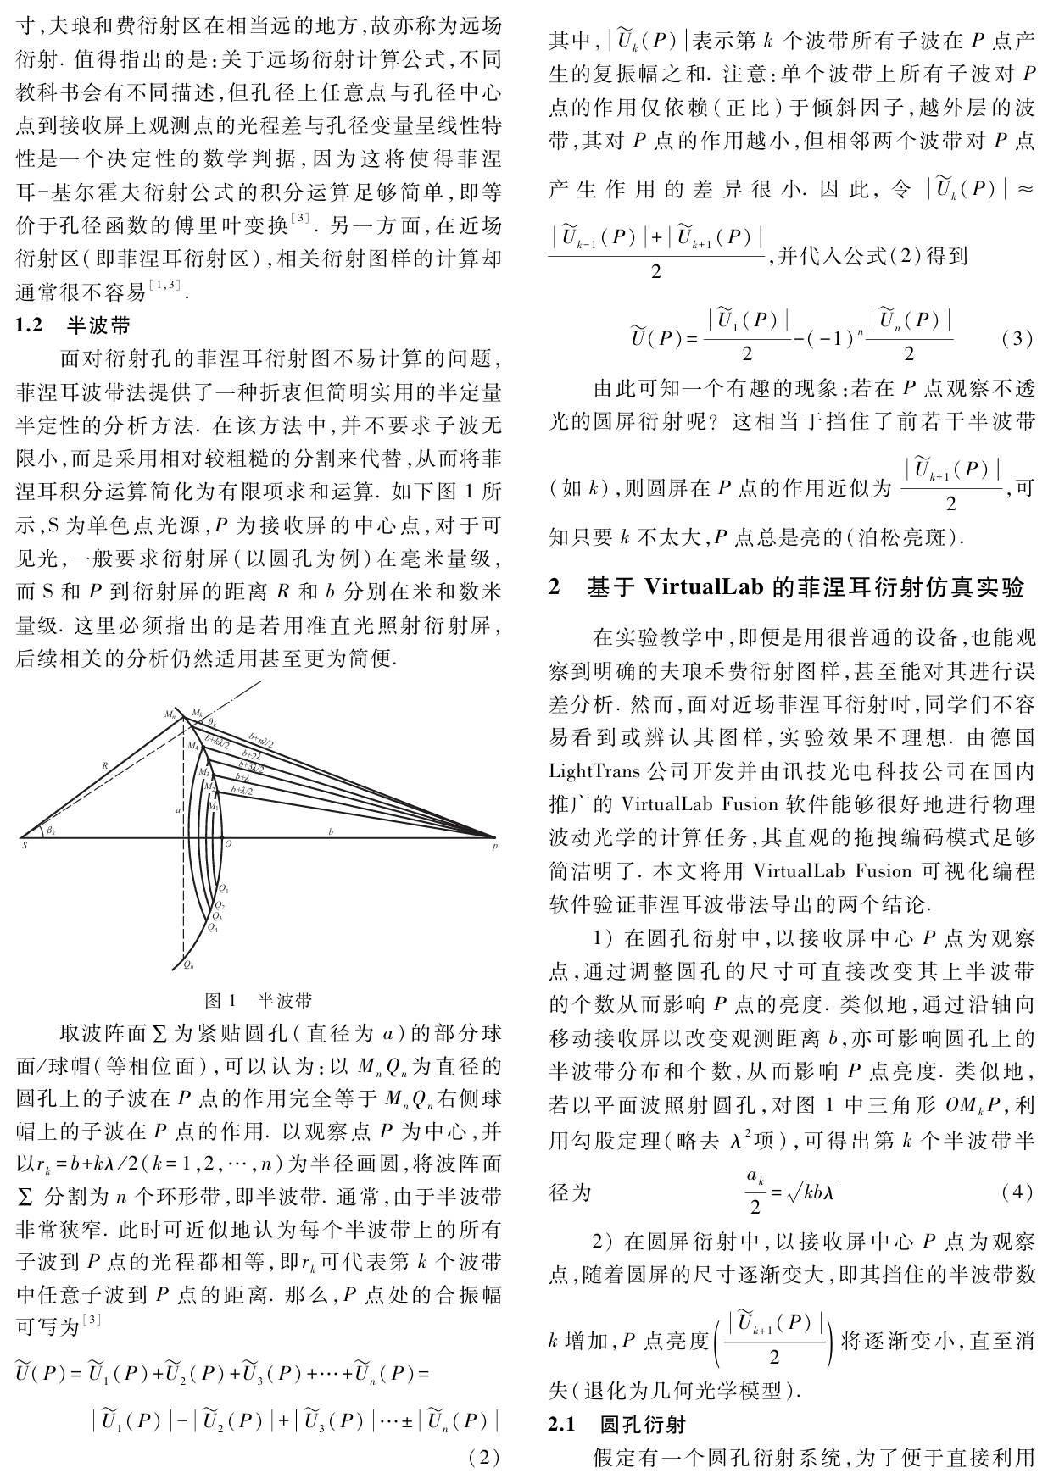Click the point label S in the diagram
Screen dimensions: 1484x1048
click(24, 845)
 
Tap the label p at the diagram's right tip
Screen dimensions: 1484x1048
click(494, 846)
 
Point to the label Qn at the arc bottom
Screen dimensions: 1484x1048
click(188, 964)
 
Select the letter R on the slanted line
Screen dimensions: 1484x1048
click(105, 764)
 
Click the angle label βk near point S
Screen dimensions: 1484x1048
click(52, 831)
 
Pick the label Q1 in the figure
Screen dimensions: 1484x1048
click(223, 888)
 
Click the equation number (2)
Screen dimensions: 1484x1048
click(484, 1458)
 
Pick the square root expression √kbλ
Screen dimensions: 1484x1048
click(814, 1193)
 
